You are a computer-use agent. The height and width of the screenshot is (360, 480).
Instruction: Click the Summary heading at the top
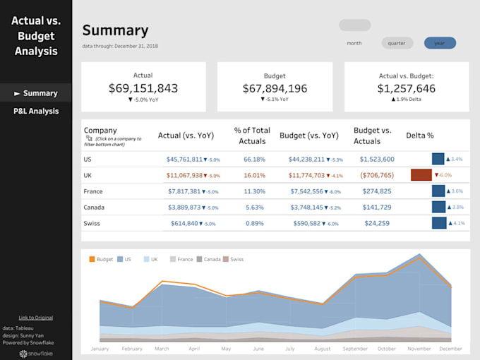point(115,30)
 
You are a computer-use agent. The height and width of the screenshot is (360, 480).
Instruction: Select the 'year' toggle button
point(440,43)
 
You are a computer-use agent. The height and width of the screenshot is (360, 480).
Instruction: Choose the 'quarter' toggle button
point(397,43)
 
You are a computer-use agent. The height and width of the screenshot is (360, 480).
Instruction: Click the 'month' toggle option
point(354,43)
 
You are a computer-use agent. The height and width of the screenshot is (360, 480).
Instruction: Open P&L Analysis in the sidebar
point(36,111)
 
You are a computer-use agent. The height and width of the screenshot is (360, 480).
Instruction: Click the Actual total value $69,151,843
point(143,88)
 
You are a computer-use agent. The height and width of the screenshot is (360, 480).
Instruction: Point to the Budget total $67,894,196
point(275,88)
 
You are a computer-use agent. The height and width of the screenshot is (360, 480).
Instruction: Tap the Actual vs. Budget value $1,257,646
point(406,88)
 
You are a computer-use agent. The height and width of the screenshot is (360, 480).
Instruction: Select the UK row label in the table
point(88,175)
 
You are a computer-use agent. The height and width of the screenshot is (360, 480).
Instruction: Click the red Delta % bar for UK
point(421,175)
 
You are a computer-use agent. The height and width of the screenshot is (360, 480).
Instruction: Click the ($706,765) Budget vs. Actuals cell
point(373,175)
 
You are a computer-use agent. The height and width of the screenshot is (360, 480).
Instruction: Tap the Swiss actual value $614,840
point(184,223)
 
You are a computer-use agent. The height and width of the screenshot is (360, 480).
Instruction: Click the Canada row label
point(93,208)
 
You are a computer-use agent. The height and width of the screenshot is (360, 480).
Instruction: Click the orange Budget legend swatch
point(92,259)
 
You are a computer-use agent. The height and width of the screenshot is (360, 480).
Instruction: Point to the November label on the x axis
point(420,349)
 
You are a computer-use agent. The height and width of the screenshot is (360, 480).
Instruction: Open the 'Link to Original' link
point(35,318)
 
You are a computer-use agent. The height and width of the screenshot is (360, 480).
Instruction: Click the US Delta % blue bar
point(438,159)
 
